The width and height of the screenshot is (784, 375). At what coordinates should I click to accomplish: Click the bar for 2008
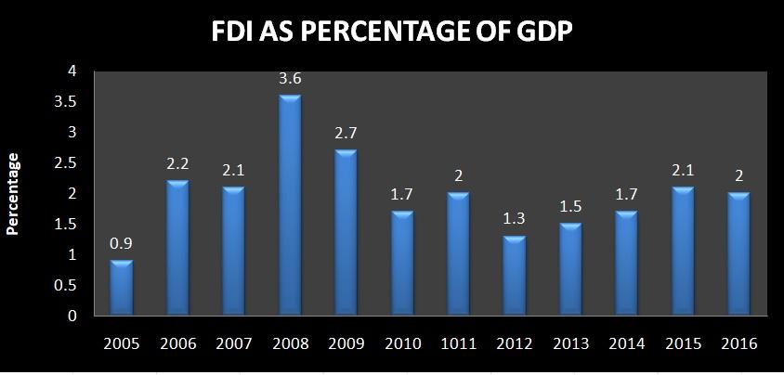tap(290, 205)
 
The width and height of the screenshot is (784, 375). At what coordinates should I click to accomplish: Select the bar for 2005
tap(122, 289)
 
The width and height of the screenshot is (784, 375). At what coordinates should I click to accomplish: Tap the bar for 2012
tap(514, 277)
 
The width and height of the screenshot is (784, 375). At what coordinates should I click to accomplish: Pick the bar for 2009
tap(346, 233)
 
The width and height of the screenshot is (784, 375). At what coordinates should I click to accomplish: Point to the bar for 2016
tap(738, 254)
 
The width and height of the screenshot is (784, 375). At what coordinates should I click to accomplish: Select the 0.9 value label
tap(122, 245)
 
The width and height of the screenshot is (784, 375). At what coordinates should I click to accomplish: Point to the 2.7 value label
tap(346, 135)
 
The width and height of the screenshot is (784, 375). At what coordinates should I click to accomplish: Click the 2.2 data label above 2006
tap(177, 165)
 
